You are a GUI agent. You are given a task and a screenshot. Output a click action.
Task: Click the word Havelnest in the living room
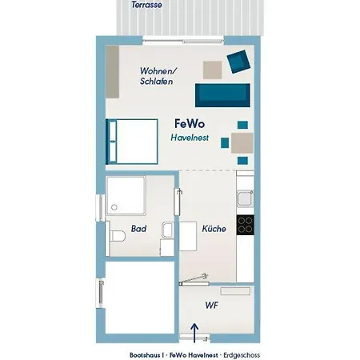point(190,138)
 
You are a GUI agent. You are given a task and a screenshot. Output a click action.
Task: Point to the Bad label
point(138,229)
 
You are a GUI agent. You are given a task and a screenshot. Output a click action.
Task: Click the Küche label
point(214,229)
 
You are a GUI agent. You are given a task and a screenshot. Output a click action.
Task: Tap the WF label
point(212,305)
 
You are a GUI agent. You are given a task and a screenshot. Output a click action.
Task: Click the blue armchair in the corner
point(238,60)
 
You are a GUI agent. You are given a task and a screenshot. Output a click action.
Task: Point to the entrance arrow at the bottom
point(194,330)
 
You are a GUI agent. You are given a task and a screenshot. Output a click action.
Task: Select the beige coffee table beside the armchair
point(212,70)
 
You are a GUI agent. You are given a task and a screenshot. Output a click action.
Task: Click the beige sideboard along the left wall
point(111,71)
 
